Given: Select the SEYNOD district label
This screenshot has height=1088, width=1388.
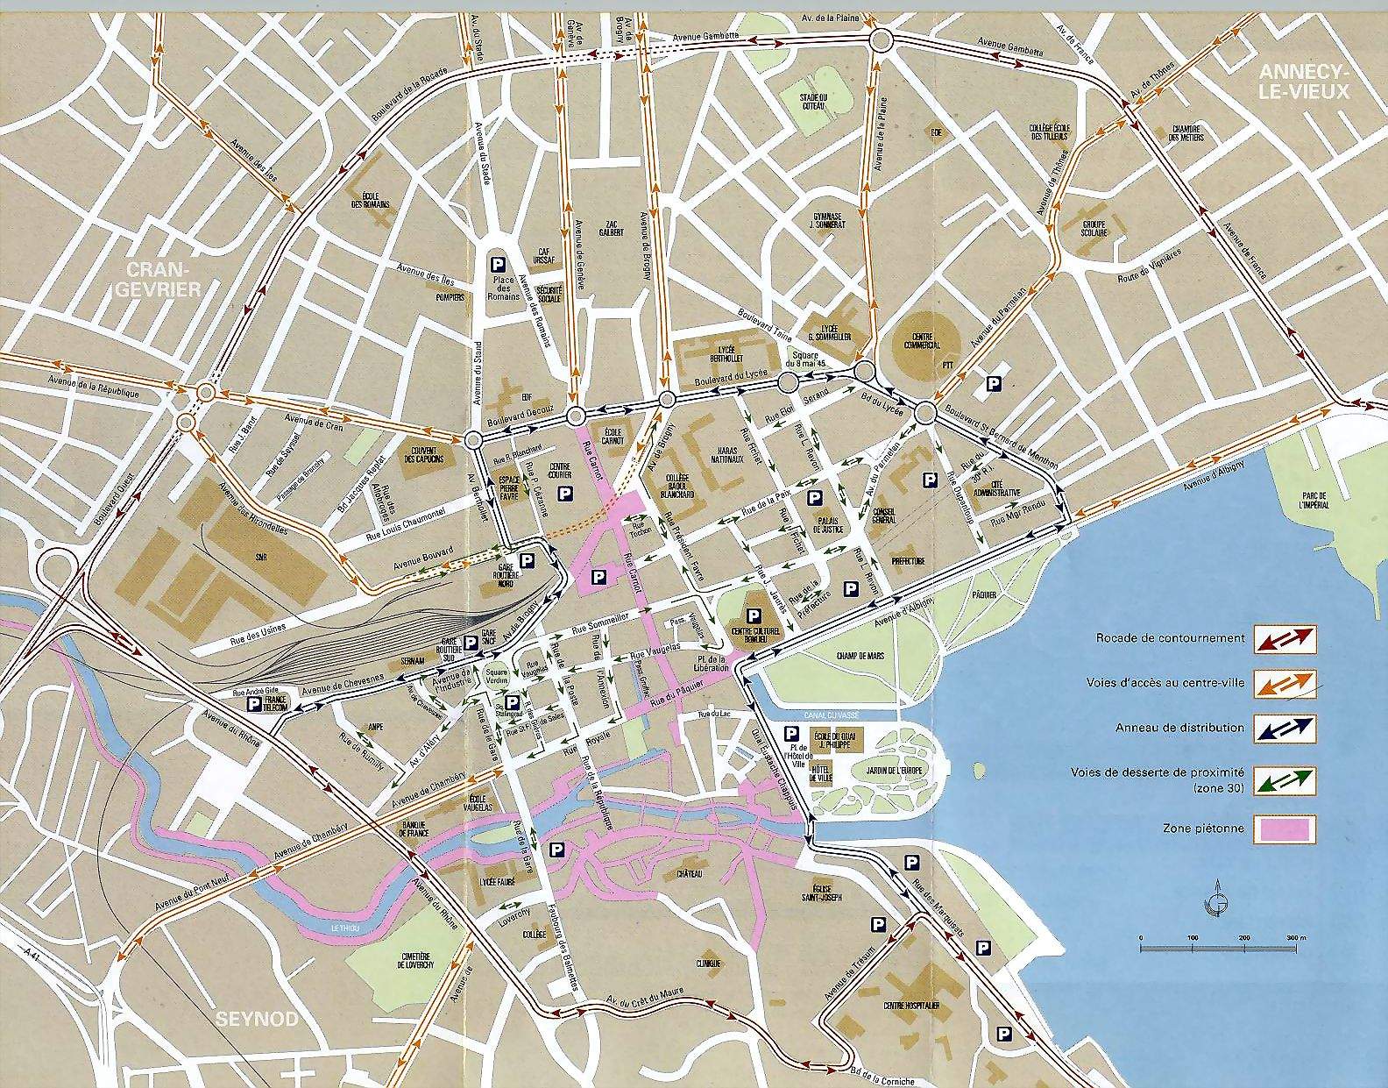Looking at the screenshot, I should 256,1019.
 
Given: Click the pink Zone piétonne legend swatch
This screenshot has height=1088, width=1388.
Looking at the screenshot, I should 1285,828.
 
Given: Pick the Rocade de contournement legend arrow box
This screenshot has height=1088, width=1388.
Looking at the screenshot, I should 1285,638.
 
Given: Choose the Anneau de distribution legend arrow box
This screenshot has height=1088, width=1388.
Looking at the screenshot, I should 1285,728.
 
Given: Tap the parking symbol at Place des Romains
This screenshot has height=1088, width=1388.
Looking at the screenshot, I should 498,263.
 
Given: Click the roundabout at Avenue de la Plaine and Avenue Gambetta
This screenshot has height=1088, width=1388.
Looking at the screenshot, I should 882,39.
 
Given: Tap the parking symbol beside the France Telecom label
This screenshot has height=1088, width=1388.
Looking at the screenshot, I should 255,704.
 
